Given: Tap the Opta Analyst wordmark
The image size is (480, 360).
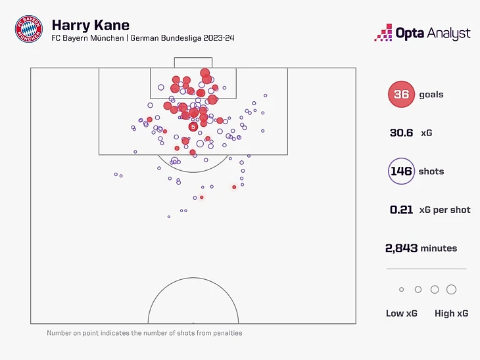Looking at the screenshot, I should [x=433, y=33].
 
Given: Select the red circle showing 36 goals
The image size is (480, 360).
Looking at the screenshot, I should [x=401, y=95].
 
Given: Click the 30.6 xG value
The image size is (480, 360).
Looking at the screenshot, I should [x=401, y=133].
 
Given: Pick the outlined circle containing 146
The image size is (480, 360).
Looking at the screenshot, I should [x=401, y=171].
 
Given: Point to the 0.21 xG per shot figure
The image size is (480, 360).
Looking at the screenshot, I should [x=402, y=210].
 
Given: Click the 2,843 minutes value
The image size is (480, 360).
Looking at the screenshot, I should [x=402, y=248].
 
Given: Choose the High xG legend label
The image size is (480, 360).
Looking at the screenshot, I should [x=451, y=313].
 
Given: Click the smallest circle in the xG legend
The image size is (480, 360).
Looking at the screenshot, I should [x=402, y=290].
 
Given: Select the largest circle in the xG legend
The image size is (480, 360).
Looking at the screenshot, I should [x=451, y=290].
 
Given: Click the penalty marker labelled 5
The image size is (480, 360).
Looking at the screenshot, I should [x=193, y=127].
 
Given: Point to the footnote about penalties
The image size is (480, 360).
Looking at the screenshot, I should [x=145, y=333].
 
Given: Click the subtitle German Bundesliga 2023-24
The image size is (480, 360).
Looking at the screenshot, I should [x=182, y=37].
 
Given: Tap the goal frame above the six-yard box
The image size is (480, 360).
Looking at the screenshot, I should [x=193, y=62].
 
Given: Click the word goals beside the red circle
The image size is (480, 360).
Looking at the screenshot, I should [x=431, y=95].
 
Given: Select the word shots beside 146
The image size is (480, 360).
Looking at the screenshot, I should [x=431, y=171].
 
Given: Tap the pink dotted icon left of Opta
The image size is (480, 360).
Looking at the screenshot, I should [x=383, y=33].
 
